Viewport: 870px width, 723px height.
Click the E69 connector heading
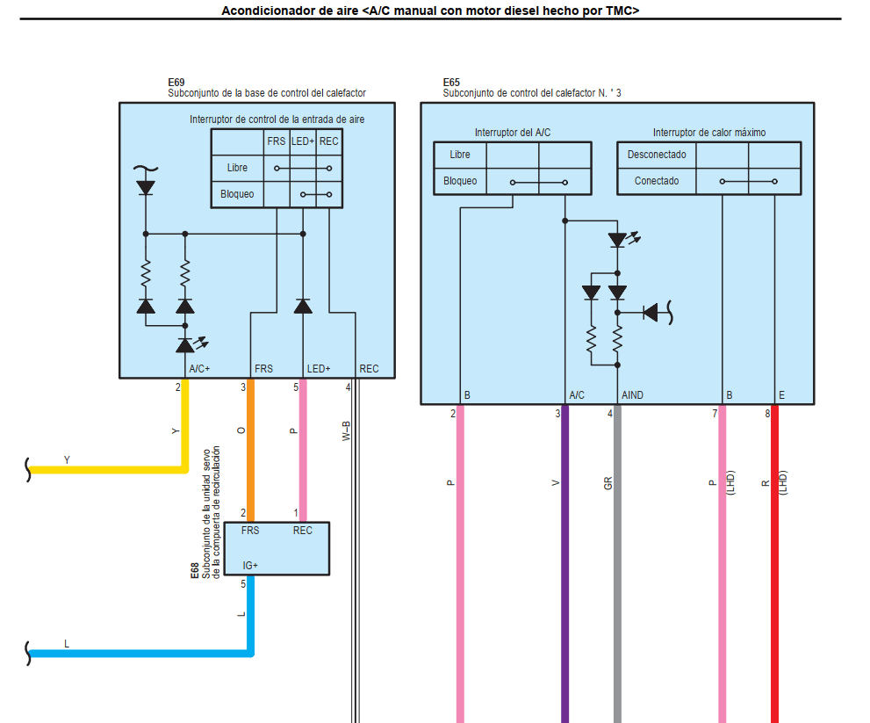[176, 82]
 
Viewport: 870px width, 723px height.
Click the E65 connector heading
[451, 82]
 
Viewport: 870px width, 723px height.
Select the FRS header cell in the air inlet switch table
[276, 141]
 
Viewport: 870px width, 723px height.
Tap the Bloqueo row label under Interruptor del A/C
[460, 181]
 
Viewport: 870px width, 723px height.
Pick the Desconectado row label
[657, 155]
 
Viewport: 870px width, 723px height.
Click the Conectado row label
[657, 181]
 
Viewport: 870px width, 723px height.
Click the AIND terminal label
[632, 395]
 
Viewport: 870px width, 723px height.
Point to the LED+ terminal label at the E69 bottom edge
[319, 369]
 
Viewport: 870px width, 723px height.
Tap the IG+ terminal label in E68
[250, 565]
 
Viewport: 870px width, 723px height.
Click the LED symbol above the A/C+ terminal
[185, 345]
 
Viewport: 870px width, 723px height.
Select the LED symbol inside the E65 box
[618, 239]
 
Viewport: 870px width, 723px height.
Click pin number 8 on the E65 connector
[767, 413]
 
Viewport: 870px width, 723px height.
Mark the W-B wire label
[348, 430]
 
